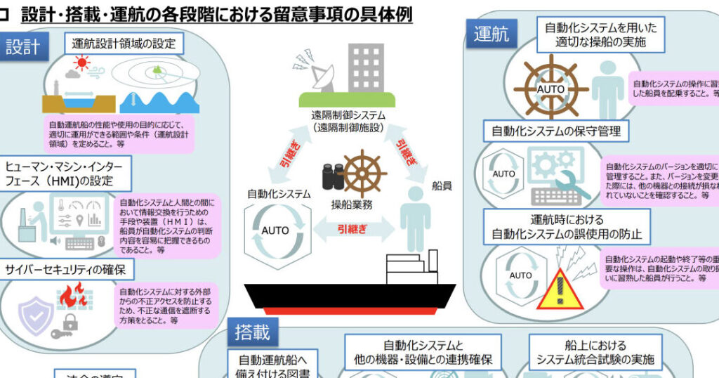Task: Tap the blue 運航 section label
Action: coord(492,33)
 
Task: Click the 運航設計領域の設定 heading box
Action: coord(128,44)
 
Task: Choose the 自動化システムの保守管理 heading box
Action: coord(555,131)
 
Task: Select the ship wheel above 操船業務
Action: coord(362,174)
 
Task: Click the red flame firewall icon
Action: coord(70,296)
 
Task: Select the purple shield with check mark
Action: coord(35,315)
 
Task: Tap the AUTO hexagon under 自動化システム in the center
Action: coord(275,230)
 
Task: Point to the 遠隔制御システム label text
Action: coord(349,119)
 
